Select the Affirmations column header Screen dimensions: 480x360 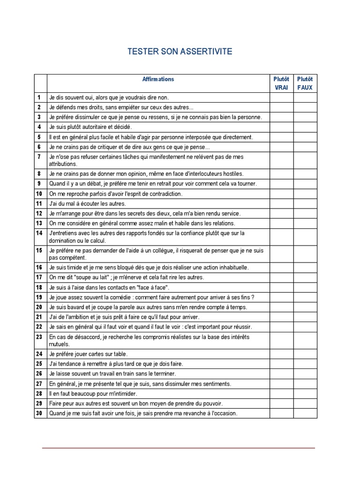[x=158, y=79]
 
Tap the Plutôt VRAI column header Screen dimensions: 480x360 [x=281, y=83]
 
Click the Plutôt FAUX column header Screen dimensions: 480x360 [x=305, y=83]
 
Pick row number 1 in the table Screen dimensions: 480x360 [x=40, y=97]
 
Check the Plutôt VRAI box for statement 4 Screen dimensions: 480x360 [x=281, y=127]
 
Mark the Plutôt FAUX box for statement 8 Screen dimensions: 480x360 [x=305, y=173]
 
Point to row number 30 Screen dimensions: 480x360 [x=39, y=413]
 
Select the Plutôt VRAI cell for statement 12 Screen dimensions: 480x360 [x=281, y=213]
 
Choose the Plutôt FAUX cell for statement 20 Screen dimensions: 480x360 [x=305, y=307]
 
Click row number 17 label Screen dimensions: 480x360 [x=39, y=277]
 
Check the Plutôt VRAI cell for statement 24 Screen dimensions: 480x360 [x=281, y=354]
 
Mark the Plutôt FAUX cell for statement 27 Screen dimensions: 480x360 [x=305, y=384]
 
